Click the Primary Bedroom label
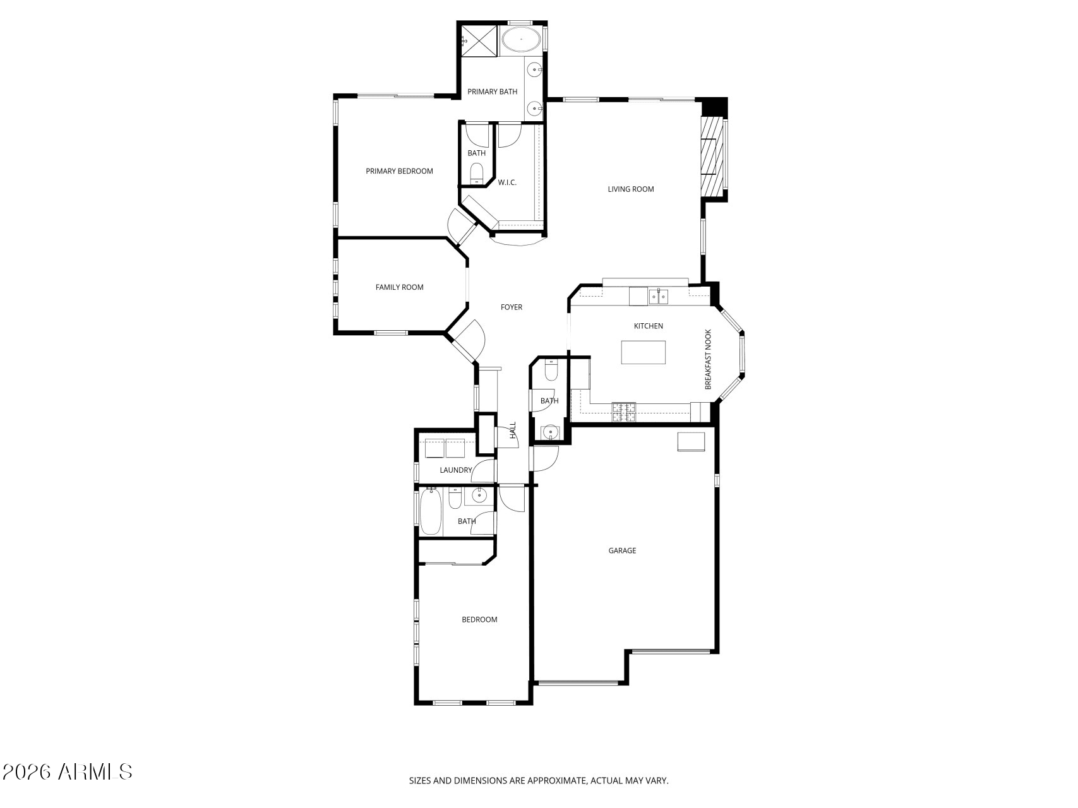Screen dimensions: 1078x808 pyautogui.click(x=399, y=171)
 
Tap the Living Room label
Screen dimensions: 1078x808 pyautogui.click(x=631, y=189)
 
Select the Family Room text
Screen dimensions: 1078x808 pyautogui.click(x=399, y=287)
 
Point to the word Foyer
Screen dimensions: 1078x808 pyautogui.click(x=512, y=307)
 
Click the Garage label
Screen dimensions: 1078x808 pyautogui.click(x=622, y=550)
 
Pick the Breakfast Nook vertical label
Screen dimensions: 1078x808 pyautogui.click(x=708, y=359)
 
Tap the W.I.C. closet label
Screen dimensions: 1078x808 pyautogui.click(x=507, y=182)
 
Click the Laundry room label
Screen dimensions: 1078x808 pyautogui.click(x=456, y=470)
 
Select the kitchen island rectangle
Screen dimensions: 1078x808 pyautogui.click(x=644, y=352)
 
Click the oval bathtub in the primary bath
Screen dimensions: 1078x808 pyautogui.click(x=521, y=40)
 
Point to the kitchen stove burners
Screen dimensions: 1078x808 pyautogui.click(x=623, y=412)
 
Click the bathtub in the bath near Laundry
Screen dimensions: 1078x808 pyautogui.click(x=431, y=512)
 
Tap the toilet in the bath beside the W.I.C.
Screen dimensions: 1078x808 pyautogui.click(x=477, y=174)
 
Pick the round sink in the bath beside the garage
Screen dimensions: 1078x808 pyautogui.click(x=551, y=432)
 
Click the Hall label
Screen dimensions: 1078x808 pyautogui.click(x=513, y=430)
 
